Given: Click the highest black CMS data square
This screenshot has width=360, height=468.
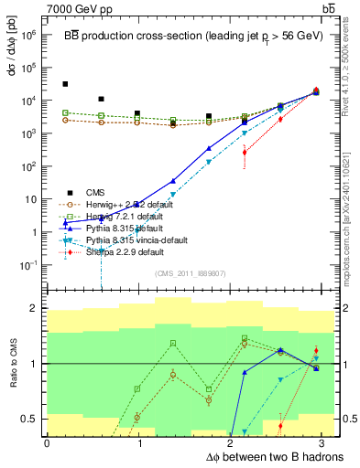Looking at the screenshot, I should point(65,84).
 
